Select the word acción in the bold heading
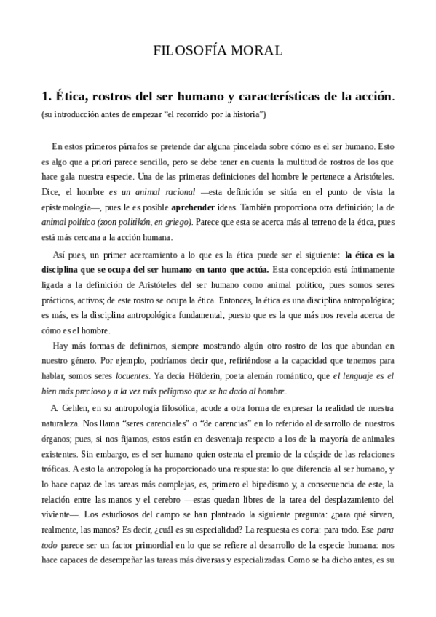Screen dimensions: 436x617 tap(371, 97)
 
